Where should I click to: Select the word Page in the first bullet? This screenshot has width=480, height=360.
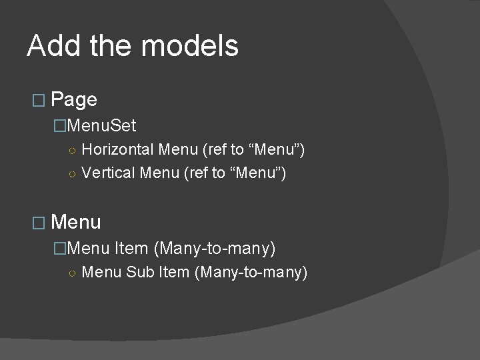click(74, 100)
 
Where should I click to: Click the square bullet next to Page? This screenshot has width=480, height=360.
click(37, 101)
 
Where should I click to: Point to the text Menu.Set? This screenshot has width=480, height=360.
click(101, 125)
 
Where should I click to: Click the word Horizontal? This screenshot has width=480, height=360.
click(118, 150)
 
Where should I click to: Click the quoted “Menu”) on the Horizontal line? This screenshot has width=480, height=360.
click(277, 150)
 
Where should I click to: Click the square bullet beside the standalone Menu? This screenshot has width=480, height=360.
click(37, 223)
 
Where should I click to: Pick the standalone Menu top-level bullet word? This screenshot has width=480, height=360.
click(76, 222)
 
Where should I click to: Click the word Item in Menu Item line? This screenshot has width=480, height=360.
click(131, 249)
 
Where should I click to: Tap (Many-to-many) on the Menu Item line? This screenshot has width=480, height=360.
click(214, 249)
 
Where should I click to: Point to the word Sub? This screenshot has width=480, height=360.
click(140, 272)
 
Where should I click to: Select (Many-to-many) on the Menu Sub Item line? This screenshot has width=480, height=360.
click(251, 272)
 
